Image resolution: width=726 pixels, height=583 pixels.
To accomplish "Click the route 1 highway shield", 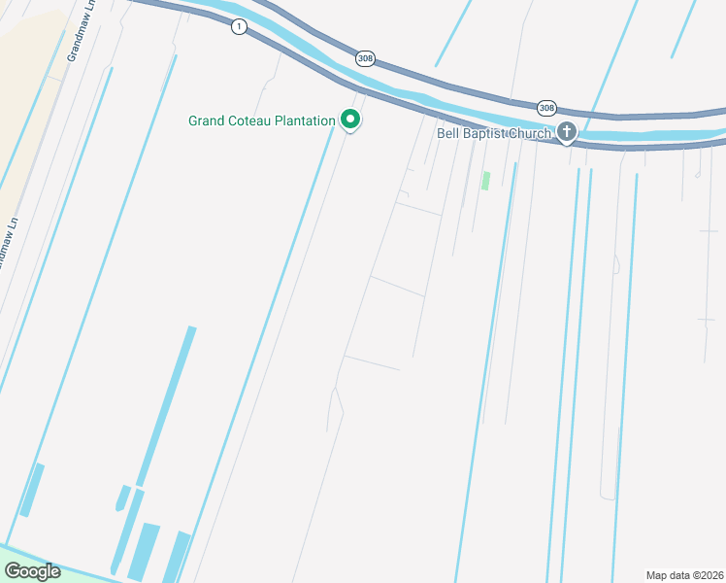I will click(x=238, y=27).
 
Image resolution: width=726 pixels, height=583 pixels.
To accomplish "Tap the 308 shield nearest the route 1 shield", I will click(x=364, y=58).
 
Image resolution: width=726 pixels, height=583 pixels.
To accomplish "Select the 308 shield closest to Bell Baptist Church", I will click(x=547, y=107).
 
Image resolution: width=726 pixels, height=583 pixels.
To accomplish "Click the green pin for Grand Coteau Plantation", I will click(x=350, y=120).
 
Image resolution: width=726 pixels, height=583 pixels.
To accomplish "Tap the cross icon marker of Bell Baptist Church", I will click(x=566, y=132).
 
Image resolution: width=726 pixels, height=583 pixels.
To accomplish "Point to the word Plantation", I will click(x=305, y=121).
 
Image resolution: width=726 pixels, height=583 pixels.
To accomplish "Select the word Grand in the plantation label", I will click(x=207, y=121).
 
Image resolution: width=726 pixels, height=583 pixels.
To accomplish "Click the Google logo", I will click(x=31, y=571).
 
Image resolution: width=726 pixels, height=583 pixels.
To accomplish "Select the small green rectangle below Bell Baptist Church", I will click(x=485, y=181).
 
